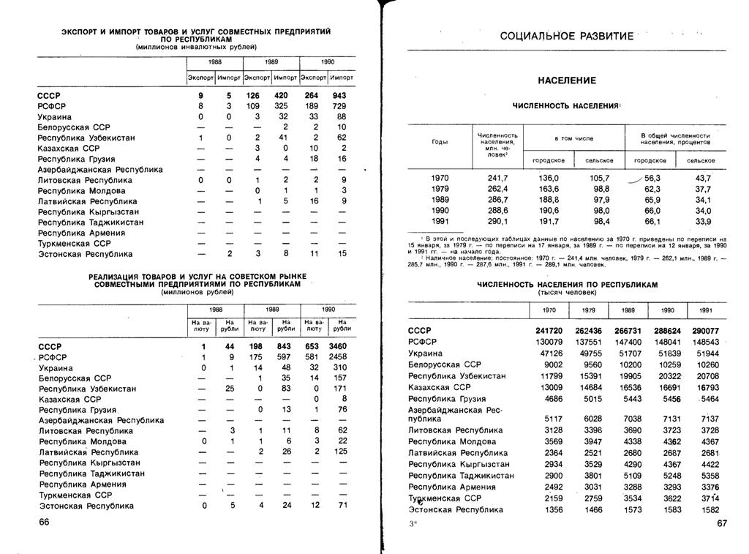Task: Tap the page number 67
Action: pyautogui.click(x=723, y=524)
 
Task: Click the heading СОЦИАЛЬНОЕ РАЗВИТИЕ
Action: pyautogui.click(x=566, y=37)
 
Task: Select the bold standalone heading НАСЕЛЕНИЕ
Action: pyautogui.click(x=567, y=80)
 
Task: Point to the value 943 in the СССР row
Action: pyautogui.click(x=339, y=95)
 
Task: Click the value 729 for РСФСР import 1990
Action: pyautogui.click(x=339, y=106)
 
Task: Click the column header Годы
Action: pyautogui.click(x=440, y=142)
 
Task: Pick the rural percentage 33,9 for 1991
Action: pyautogui.click(x=703, y=221)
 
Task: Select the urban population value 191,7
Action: pyautogui.click(x=549, y=221)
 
